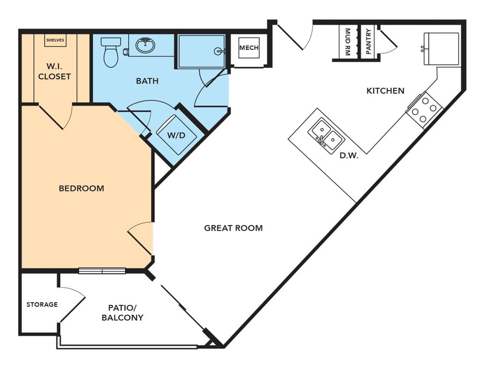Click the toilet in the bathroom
pos(111,53)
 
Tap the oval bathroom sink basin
pos(145,46)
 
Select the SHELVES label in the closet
pos(55,40)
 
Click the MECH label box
pos(249,48)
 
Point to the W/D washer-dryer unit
pos(176,135)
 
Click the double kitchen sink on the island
pos(326,136)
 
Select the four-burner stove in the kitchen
pos(425,110)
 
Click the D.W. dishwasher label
pos(349,156)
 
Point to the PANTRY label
pos(368,41)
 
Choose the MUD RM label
pos(347,42)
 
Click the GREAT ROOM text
pos(233,228)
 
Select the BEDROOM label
pos(82,188)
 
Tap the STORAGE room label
pos(42,304)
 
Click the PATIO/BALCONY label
pos(123,312)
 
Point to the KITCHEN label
pos(385,91)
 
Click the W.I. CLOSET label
pos(55,71)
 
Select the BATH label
pos(147,81)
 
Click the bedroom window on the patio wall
pos(102,271)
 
